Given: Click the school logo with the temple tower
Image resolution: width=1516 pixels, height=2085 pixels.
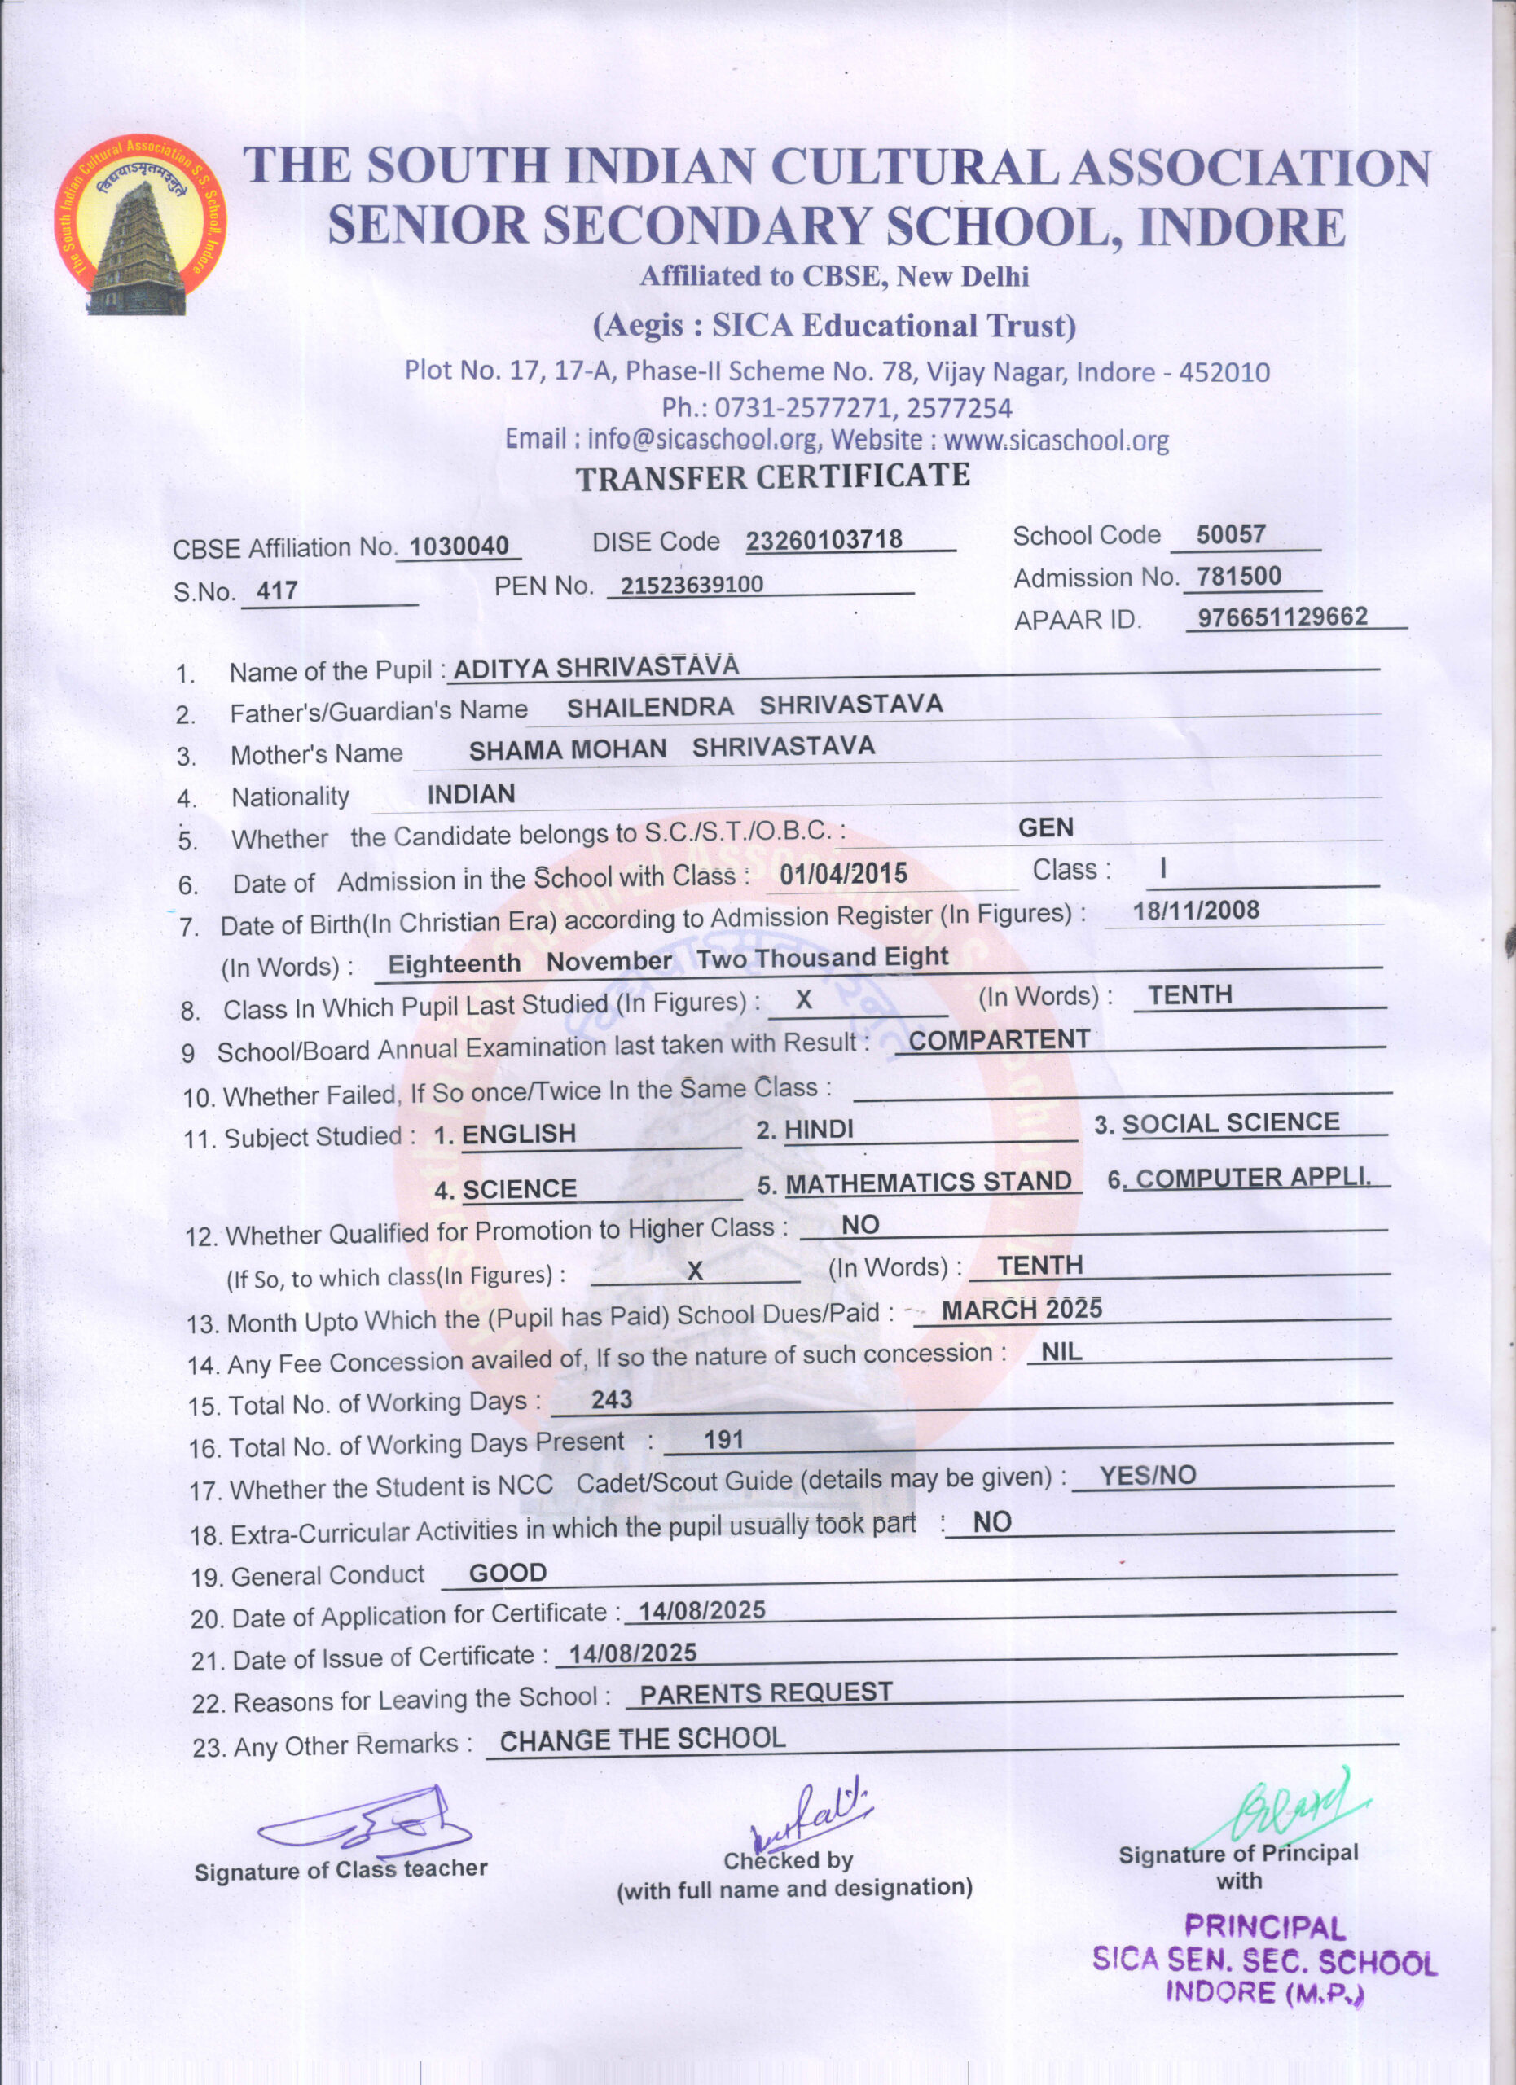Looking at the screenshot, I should pyautogui.click(x=140, y=226).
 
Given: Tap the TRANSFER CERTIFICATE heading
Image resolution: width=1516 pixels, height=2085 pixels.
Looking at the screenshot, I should pyautogui.click(x=772, y=476).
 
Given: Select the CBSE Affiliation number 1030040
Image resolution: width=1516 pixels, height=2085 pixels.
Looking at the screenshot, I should pyautogui.click(x=459, y=546).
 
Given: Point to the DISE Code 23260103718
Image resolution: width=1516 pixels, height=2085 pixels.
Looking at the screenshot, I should pyautogui.click(x=824, y=540).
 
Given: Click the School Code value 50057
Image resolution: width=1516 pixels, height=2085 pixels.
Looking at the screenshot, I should pyautogui.click(x=1231, y=534).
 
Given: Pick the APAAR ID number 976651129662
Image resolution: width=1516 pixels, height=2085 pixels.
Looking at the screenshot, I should pyautogui.click(x=1282, y=616).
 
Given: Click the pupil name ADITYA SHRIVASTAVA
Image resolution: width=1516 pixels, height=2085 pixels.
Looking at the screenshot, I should pyautogui.click(x=595, y=666).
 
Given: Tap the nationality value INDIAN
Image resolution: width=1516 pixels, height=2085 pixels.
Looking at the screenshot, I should pyautogui.click(x=471, y=793).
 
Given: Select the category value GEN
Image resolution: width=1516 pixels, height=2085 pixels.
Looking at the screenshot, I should pyautogui.click(x=1045, y=827).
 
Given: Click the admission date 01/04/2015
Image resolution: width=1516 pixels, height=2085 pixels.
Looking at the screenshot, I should pyautogui.click(x=843, y=873).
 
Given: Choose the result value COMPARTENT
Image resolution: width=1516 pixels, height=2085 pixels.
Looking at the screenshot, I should pyautogui.click(x=1000, y=1040).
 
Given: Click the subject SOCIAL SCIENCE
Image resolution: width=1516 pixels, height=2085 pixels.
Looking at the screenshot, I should pyautogui.click(x=1230, y=1122).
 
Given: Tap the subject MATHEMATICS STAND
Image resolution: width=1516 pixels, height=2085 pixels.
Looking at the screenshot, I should pyautogui.click(x=928, y=1183).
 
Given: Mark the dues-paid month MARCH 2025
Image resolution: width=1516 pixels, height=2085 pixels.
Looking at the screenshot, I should pyautogui.click(x=1022, y=1309).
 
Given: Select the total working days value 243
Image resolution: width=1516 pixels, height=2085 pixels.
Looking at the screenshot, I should pyautogui.click(x=611, y=1399).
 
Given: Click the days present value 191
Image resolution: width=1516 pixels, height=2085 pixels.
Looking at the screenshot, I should pyautogui.click(x=723, y=1440).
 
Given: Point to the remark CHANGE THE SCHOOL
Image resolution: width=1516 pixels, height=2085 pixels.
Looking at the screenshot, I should pyautogui.click(x=643, y=1740).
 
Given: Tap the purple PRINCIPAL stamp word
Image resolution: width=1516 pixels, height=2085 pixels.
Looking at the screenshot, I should pyautogui.click(x=1264, y=1927).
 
